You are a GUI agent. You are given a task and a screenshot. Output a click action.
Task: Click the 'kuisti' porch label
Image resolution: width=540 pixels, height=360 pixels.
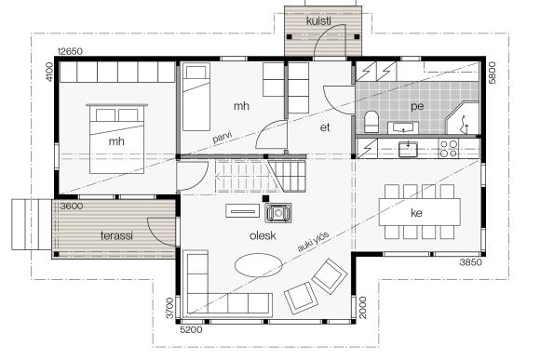(319, 21)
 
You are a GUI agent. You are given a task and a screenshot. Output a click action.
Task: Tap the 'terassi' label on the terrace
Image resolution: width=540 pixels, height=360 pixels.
(116, 235)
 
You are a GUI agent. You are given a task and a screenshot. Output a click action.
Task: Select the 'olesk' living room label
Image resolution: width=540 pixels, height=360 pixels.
(263, 235)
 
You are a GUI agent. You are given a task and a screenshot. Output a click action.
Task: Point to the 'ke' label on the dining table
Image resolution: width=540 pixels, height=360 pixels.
(416, 213)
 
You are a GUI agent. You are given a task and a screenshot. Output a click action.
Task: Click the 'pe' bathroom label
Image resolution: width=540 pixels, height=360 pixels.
(417, 106)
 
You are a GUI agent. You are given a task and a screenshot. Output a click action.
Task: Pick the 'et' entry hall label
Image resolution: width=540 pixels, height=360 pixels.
(325, 127)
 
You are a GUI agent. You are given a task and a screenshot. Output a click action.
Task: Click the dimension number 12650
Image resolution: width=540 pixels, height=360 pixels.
(70, 51)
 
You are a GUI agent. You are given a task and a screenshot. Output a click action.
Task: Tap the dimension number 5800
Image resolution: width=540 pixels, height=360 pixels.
(493, 73)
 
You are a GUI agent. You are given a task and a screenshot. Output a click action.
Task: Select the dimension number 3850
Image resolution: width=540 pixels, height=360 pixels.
(471, 262)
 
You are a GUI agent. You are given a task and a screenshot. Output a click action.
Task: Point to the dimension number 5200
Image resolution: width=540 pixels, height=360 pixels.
(191, 329)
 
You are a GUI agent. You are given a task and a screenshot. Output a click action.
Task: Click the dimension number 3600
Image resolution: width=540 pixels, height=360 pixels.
(72, 207)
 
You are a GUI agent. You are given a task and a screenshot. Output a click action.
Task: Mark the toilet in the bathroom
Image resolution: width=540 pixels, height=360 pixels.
(371, 122)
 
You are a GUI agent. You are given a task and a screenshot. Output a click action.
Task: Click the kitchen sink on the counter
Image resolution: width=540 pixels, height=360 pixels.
(408, 149)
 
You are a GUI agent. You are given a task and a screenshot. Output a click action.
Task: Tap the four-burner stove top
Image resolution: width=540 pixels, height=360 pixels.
(449, 149)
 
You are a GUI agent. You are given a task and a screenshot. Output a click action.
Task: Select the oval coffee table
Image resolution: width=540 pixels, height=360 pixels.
(258, 265)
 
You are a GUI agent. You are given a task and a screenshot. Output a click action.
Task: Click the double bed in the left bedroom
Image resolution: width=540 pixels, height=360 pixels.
(116, 139)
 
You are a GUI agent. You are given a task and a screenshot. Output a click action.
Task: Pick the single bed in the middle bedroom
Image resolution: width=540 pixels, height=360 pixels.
(196, 97)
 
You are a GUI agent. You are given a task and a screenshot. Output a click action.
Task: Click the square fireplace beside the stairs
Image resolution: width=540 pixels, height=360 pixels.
(278, 213)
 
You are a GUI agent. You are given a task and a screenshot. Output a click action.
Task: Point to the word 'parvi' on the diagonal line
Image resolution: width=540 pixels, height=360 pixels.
(223, 137)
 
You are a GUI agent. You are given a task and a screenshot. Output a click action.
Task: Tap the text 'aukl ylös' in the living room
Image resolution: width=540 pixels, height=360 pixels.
(313, 241)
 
